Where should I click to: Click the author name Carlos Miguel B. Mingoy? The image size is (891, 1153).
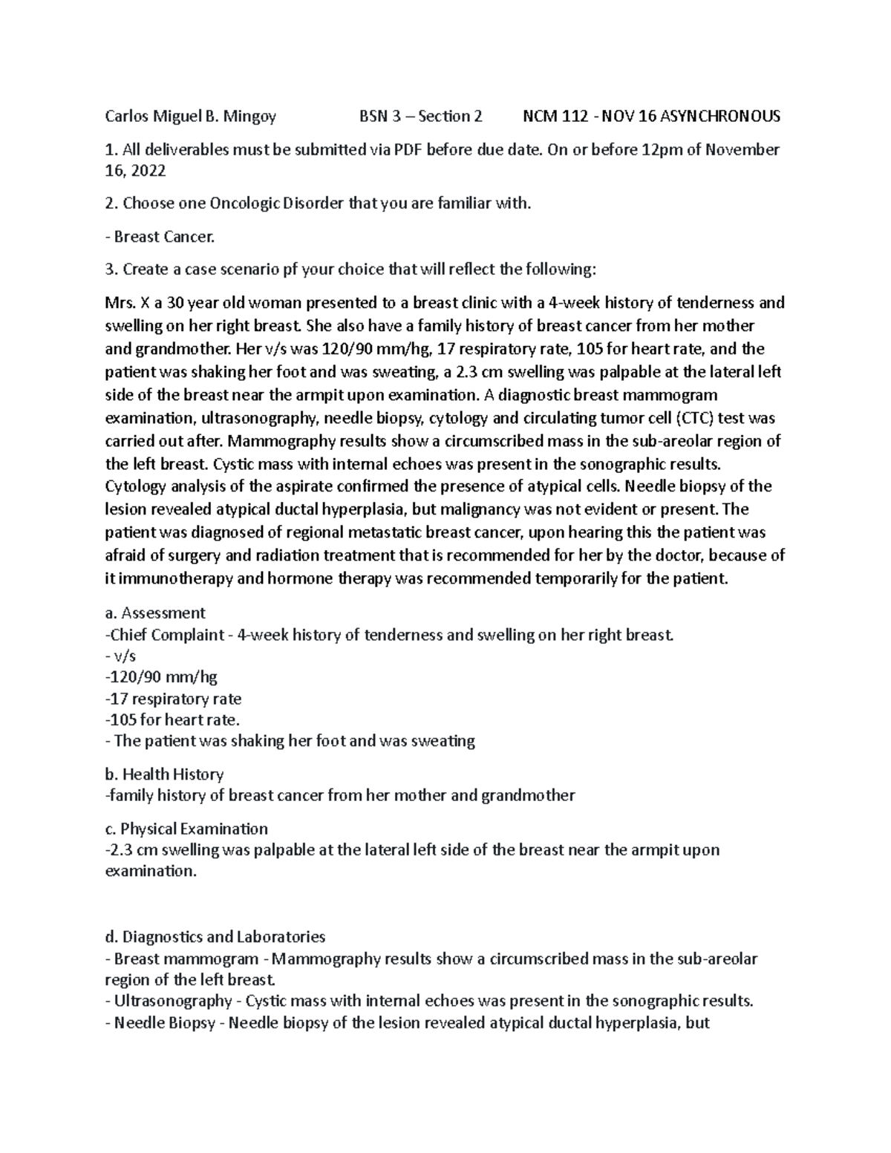point(191,116)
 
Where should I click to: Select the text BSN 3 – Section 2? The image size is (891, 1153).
point(420,116)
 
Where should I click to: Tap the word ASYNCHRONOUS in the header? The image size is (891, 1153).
point(719,116)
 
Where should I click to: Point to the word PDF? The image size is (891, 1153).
point(408,150)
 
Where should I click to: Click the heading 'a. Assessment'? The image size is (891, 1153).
point(155,613)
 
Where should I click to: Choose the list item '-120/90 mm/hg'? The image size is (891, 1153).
point(161,676)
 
